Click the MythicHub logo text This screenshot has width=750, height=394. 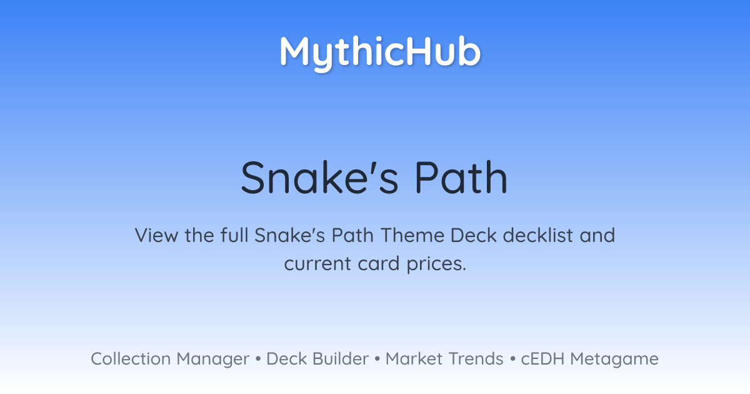(x=381, y=53)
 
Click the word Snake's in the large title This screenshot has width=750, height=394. (x=320, y=177)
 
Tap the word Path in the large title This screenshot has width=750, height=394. (x=461, y=177)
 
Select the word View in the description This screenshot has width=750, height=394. (x=156, y=235)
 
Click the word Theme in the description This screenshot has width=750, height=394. (x=412, y=235)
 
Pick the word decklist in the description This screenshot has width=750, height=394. (x=537, y=235)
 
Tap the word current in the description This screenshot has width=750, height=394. (x=317, y=264)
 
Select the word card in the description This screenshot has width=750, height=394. (x=378, y=263)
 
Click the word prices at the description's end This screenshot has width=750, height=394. (x=436, y=265)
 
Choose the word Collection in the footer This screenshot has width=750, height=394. (x=131, y=358)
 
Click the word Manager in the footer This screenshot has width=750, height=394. (x=213, y=360)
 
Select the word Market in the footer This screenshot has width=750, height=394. (x=414, y=358)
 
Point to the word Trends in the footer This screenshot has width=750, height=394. (x=476, y=358)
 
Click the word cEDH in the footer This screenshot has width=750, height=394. (x=542, y=358)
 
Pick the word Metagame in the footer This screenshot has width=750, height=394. (x=614, y=360)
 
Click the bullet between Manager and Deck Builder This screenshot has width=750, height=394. (x=257, y=359)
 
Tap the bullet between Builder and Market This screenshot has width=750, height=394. (x=377, y=359)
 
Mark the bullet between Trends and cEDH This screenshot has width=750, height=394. (x=512, y=359)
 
